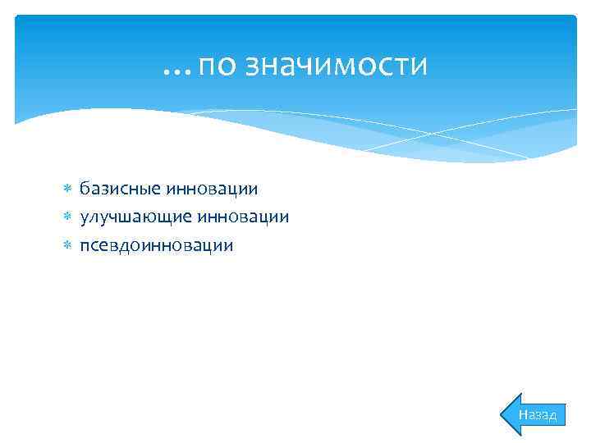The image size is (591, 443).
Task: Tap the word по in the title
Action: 215,65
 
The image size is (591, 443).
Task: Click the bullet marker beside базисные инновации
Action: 67,190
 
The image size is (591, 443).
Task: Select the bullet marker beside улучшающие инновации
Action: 67,217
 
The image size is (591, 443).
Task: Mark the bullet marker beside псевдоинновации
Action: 67,245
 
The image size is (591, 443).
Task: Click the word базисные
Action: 119,190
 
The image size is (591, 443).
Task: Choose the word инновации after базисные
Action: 212,190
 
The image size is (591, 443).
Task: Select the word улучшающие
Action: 134,217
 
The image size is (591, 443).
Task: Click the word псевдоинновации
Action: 156,245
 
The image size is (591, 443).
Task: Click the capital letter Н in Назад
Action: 522,415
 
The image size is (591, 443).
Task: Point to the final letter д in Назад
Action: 552,416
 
